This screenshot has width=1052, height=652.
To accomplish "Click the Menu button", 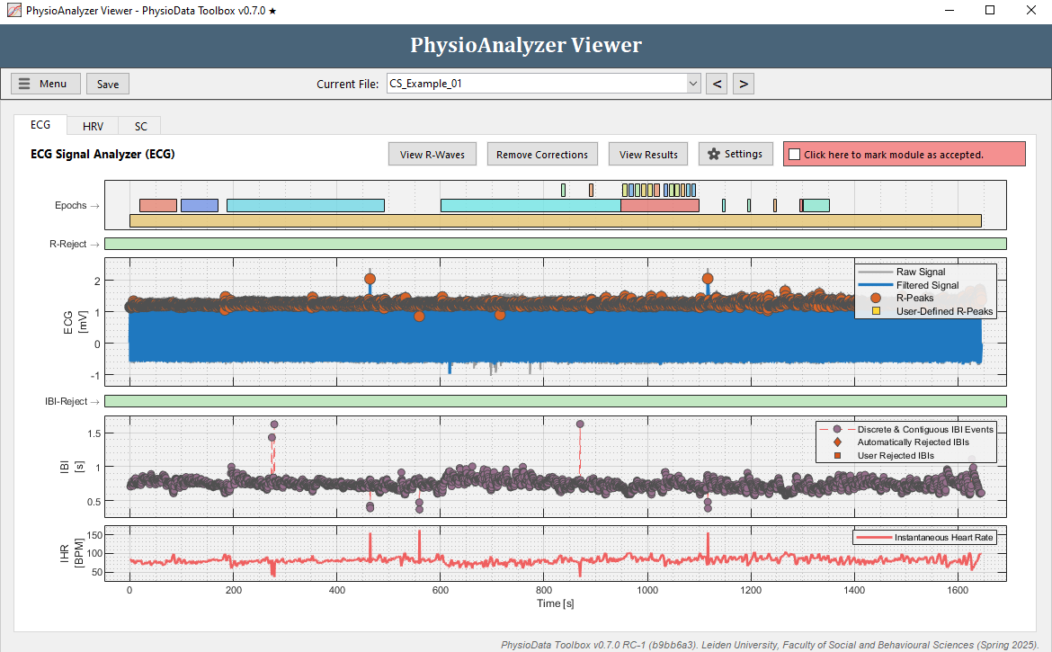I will pos(46,84).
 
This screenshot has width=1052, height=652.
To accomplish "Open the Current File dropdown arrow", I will pos(692,84).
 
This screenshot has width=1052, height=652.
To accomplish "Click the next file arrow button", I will pos(743,84).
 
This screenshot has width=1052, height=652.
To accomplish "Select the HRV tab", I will pos(93,127).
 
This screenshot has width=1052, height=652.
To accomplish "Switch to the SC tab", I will pos(140,127).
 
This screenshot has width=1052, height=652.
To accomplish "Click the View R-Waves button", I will pos(432,155).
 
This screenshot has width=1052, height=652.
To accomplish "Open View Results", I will pos(648,155).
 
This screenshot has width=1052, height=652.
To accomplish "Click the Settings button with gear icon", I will pos(736,154).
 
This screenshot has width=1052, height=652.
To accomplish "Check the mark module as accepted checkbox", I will pos(794,155).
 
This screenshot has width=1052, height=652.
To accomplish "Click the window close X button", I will pos(1030,11).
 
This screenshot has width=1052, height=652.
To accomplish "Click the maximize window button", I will pos(990,11).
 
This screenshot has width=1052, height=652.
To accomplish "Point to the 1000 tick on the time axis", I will pos(647,591).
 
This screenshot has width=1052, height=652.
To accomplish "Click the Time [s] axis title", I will pos(555,603).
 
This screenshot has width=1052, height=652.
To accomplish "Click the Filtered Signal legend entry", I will pos(927,285).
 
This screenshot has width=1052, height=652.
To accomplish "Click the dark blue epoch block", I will pos(199,205).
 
